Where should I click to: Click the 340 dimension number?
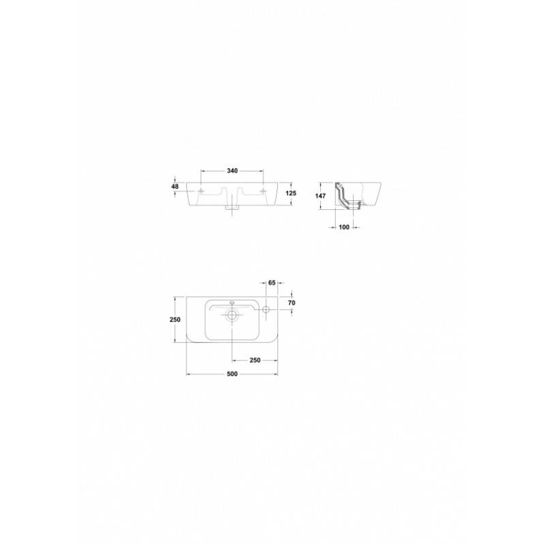click(232, 171)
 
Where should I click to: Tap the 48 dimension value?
click(175, 187)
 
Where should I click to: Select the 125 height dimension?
click(291, 193)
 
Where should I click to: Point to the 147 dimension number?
click(320, 196)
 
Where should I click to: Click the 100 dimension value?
click(344, 228)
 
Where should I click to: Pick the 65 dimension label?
click(272, 283)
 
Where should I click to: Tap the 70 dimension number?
click(292, 303)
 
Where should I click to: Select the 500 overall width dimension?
click(232, 374)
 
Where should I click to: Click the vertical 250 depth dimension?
click(175, 320)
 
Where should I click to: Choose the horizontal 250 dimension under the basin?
click(255, 360)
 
